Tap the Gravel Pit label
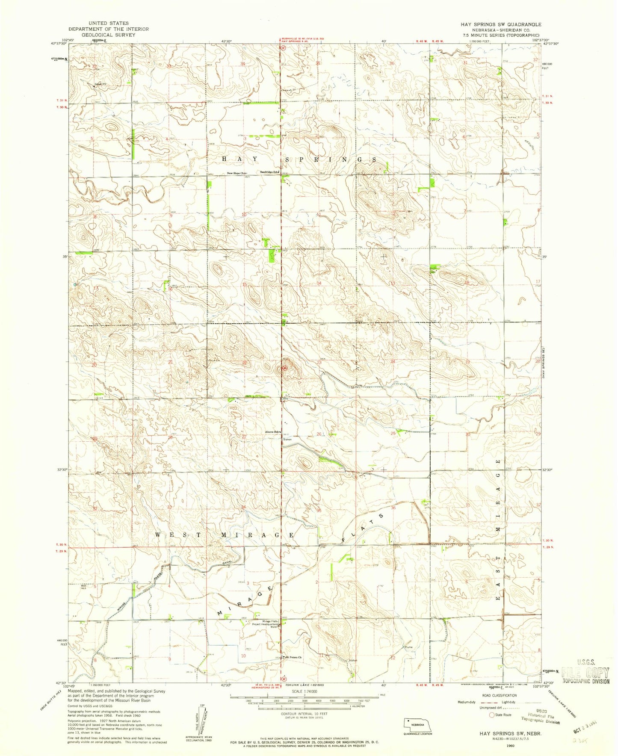(x=101, y=84)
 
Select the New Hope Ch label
(x=237, y=173)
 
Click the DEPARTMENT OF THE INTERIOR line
(x=108, y=29)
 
